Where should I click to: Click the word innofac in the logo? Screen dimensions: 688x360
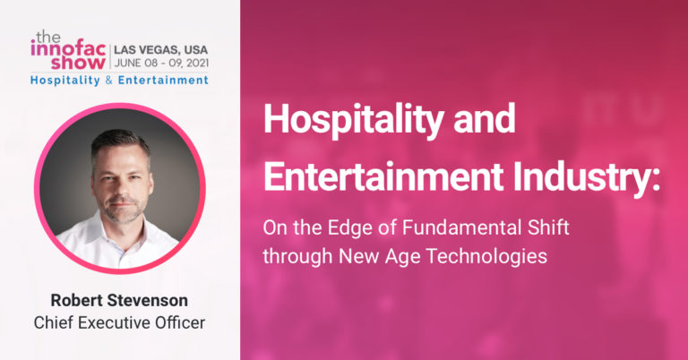68,49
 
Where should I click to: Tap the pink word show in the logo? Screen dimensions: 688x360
78,63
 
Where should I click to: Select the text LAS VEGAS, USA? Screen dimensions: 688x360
161,49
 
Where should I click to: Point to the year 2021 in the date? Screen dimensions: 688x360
197,64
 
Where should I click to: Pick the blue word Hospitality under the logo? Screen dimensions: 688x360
65,81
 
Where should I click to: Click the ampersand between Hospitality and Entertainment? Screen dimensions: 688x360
108,81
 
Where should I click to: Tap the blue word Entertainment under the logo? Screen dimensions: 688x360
163,81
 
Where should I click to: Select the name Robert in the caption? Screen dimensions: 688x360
76,300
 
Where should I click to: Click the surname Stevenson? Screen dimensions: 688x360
148,300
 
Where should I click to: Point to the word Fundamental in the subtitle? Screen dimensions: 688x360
456,227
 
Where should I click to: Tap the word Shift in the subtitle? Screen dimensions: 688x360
542,227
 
